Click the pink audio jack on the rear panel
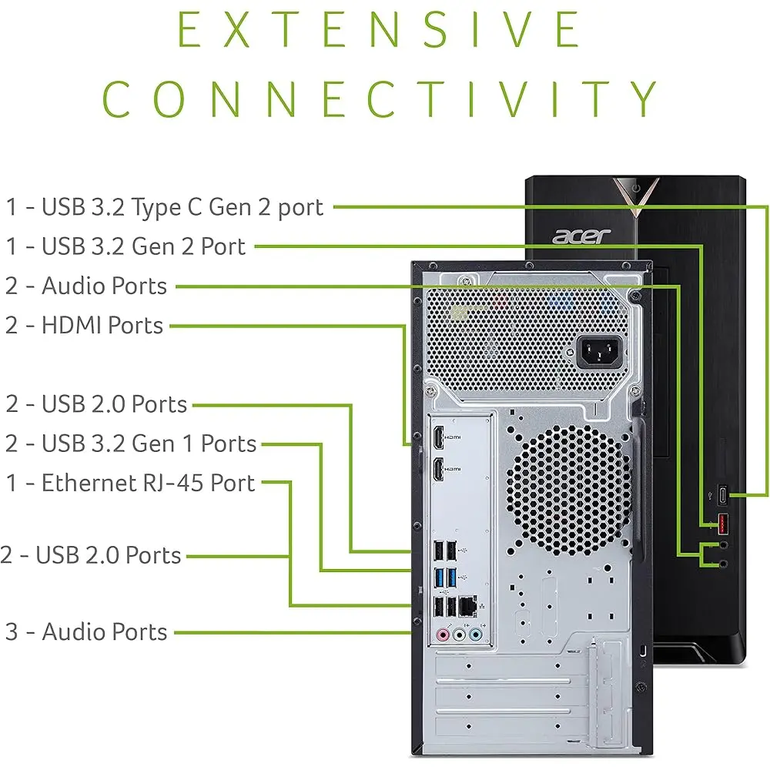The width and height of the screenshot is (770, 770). (442, 636)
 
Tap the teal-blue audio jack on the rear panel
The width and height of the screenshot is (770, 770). (476, 636)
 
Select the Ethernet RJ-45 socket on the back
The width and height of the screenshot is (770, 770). (467, 607)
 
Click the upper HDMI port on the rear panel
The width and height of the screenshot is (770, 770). (438, 437)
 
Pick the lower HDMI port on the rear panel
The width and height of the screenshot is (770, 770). (438, 467)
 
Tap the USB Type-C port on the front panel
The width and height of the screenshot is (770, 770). (724, 494)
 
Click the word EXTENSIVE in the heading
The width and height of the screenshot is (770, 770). (379, 31)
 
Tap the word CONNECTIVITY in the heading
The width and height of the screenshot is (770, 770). (379, 99)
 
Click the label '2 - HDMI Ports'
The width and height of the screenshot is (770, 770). (84, 325)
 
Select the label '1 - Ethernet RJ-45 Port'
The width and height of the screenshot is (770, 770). (130, 483)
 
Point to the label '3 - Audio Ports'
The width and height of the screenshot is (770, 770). (86, 631)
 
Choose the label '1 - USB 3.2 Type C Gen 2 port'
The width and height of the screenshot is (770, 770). (165, 206)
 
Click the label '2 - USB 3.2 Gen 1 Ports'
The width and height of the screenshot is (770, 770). (131, 444)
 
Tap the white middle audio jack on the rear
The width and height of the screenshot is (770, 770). (459, 636)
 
